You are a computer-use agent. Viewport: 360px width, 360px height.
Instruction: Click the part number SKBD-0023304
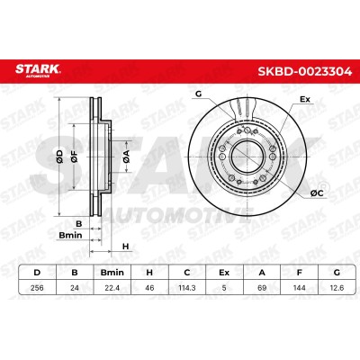(305, 72)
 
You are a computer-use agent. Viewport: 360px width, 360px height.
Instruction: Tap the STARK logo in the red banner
(38, 71)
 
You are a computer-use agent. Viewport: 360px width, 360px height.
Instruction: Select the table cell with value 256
(37, 288)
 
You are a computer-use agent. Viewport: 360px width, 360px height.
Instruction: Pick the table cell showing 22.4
(112, 288)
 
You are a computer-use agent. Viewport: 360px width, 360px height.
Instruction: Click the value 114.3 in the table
(187, 288)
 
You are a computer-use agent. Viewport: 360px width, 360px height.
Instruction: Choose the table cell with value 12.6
(337, 288)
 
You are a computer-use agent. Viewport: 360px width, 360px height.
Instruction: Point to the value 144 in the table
(299, 288)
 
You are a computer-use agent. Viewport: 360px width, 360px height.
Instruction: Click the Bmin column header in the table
(112, 273)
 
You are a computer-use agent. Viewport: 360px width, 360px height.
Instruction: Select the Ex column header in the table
(224, 273)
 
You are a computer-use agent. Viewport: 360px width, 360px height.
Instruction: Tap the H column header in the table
(149, 273)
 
